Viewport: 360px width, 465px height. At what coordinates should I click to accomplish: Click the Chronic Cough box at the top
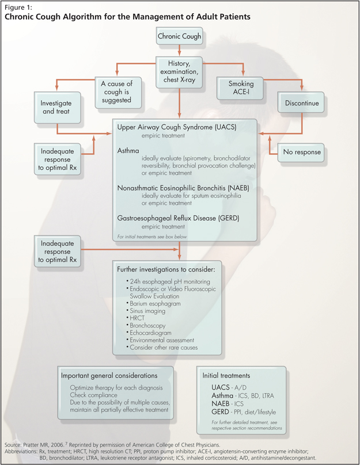pos(180,37)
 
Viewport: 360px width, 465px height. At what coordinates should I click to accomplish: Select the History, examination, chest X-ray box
pos(180,71)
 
